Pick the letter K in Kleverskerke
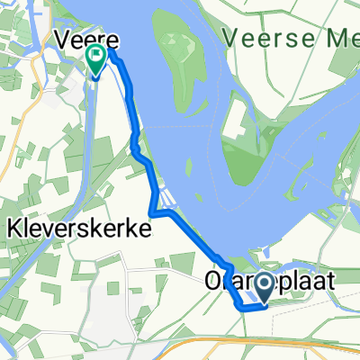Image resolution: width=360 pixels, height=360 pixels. [13, 229]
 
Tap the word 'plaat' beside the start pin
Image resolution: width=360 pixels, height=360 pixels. [307, 283]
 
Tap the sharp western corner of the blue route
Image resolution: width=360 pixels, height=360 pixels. [151, 215]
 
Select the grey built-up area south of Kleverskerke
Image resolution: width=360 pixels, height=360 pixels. [112, 306]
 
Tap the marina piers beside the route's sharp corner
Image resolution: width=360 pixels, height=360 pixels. [165, 200]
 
